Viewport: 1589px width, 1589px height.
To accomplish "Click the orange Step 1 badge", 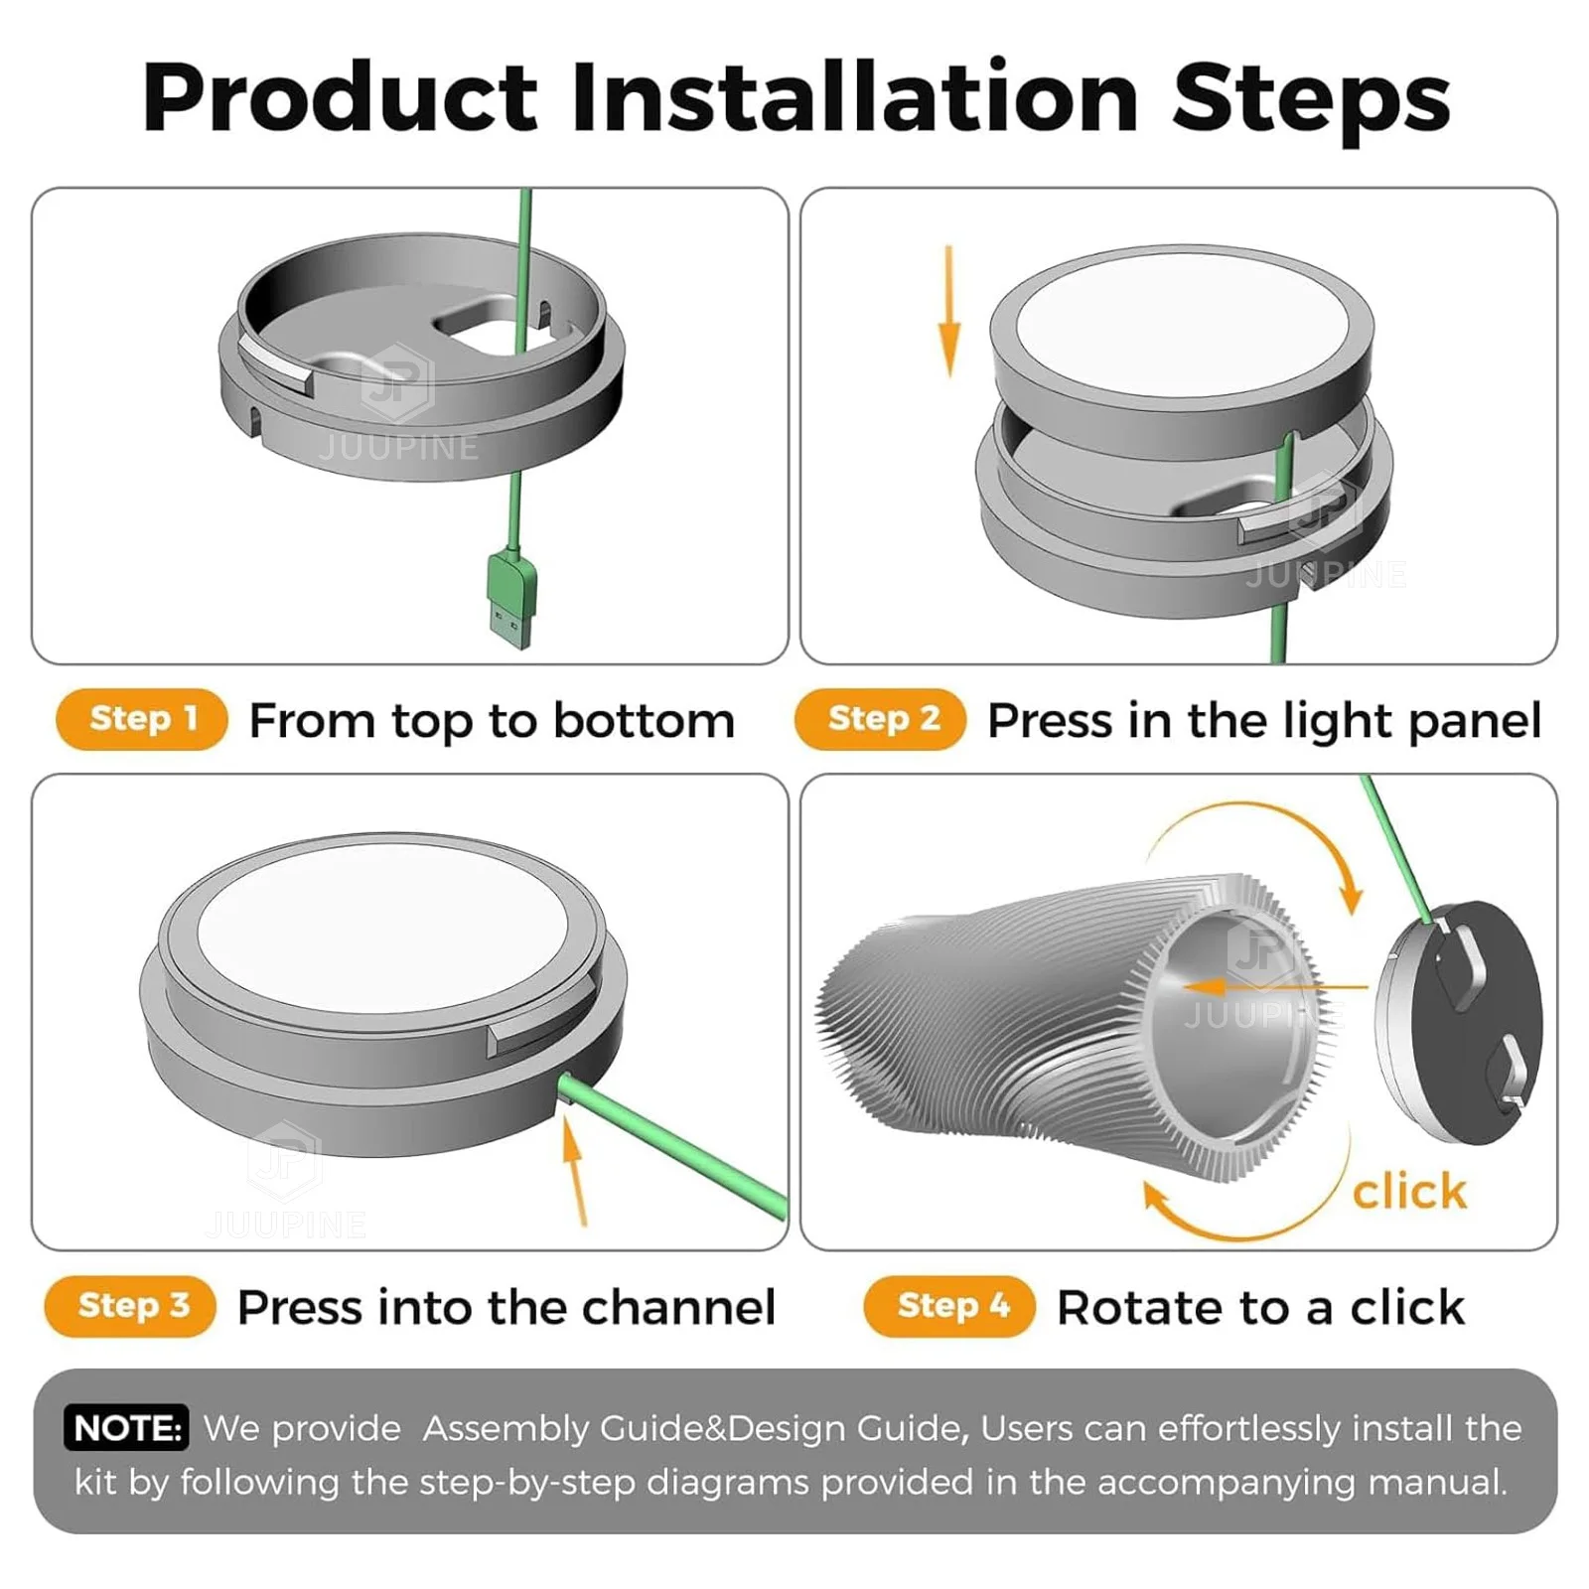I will coord(142,718).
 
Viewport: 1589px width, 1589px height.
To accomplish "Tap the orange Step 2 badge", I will coord(881,718).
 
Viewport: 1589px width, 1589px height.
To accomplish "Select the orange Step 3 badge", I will coord(131,1305).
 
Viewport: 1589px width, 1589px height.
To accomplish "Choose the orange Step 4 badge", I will coord(950,1305).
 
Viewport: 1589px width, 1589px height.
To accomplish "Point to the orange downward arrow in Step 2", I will coord(949,313).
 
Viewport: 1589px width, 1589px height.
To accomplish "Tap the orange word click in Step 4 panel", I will coord(1409,1191).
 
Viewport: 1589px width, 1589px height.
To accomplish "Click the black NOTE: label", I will coord(126,1428).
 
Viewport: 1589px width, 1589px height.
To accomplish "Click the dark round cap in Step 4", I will coord(1470,1023).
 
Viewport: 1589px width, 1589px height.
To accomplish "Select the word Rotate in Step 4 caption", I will coord(1127,1307).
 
